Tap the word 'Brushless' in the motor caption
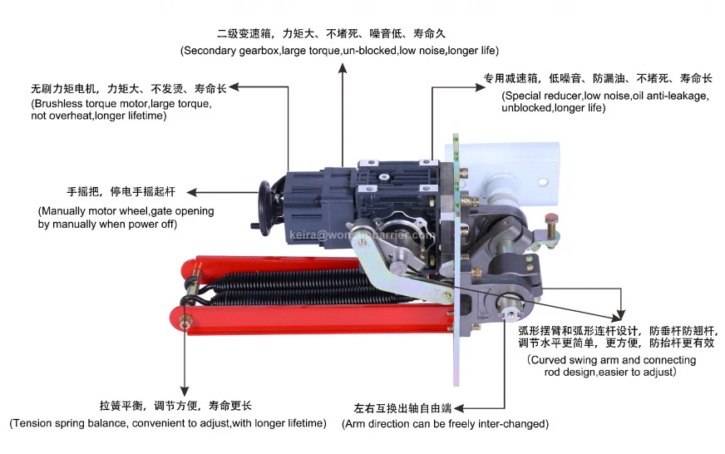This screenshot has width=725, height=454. (54, 104)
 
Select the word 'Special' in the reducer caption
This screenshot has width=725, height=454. (520, 96)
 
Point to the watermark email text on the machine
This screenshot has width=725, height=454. (362, 235)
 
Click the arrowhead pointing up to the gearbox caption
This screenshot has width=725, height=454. (343, 68)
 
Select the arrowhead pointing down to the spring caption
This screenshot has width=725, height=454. (185, 391)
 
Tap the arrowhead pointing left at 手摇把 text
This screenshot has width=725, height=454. (192, 192)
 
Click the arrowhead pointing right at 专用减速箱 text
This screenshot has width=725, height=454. (480, 87)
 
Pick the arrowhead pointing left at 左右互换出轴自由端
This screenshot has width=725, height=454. (459, 408)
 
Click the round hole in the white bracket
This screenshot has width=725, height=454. (543, 182)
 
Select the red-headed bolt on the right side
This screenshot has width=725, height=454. (551, 225)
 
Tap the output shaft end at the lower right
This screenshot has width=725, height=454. (510, 308)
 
